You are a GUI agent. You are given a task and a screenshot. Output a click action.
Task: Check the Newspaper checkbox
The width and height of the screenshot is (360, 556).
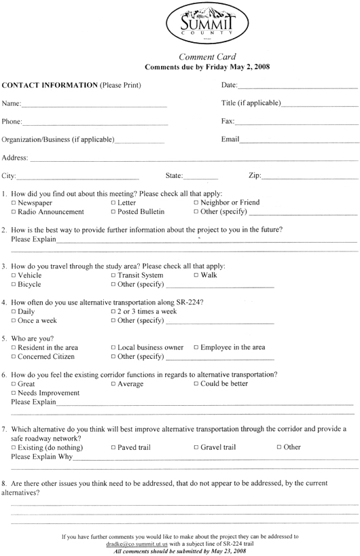[x=14, y=203]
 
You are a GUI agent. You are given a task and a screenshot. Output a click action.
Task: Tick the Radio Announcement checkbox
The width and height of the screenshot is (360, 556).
[x=14, y=213]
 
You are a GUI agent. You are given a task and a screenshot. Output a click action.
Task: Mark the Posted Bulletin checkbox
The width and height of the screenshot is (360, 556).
[x=113, y=213]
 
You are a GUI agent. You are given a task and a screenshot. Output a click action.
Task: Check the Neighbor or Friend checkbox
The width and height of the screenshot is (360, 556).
[x=196, y=203]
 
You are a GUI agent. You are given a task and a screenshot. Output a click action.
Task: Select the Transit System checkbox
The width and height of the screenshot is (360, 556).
[x=113, y=275]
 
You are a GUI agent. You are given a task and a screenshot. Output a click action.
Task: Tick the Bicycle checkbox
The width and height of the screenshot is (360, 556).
[x=14, y=285]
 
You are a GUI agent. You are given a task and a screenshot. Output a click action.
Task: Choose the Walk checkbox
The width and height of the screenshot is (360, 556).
[x=196, y=275]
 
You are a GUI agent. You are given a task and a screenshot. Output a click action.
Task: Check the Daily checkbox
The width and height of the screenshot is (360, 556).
[x=14, y=311]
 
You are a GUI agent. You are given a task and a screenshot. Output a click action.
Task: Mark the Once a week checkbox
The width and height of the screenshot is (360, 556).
[x=14, y=321]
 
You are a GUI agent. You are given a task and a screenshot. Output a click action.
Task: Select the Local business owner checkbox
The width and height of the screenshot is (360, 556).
[x=113, y=347]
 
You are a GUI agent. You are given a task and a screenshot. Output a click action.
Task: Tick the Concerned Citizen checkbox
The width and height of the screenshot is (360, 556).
[x=14, y=357]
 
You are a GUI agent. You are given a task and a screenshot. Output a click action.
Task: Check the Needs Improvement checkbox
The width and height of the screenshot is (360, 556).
[x=14, y=394]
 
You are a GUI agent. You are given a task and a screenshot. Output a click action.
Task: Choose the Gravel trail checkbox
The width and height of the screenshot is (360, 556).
[x=196, y=448]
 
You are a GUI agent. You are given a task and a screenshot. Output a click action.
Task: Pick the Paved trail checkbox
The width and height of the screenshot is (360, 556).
[x=113, y=448]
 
